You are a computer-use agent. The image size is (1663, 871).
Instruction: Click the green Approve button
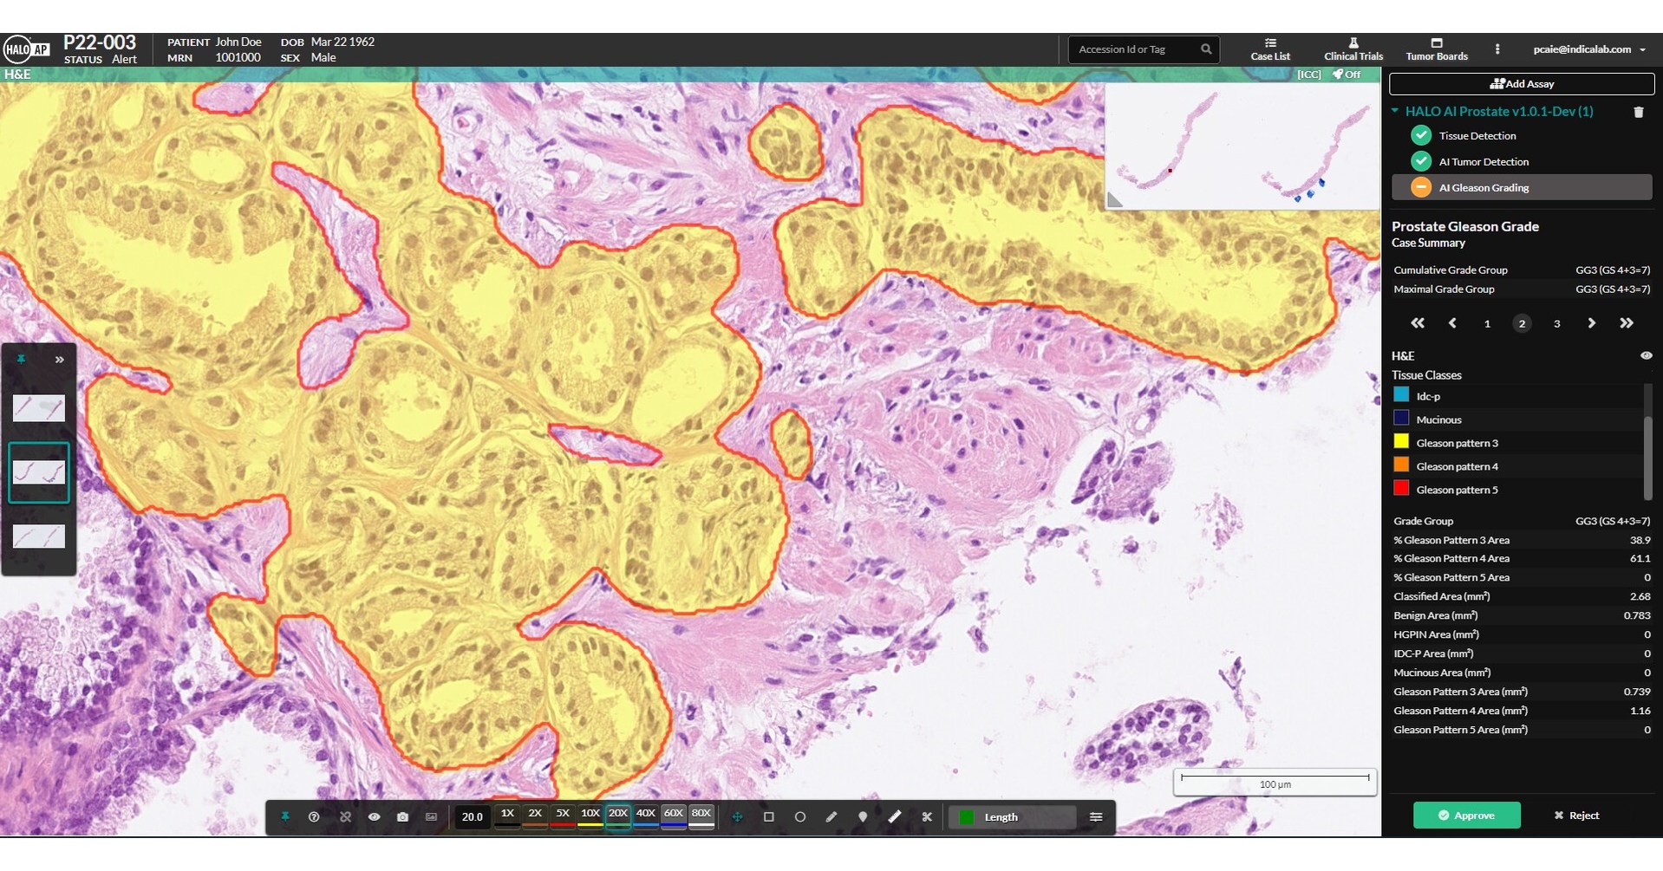(x=1466, y=815)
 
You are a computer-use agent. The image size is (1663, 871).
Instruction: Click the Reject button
(x=1576, y=815)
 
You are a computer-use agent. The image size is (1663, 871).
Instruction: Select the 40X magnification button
(x=645, y=814)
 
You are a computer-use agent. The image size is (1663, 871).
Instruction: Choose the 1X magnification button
(x=507, y=814)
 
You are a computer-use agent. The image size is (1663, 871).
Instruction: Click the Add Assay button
(x=1522, y=84)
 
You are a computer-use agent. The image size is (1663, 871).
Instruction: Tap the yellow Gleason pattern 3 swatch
(x=1401, y=441)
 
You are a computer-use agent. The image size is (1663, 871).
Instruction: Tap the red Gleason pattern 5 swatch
(x=1401, y=488)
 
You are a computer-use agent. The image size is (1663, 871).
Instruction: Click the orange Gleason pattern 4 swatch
(x=1401, y=465)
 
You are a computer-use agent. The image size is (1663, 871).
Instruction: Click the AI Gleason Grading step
(x=1484, y=187)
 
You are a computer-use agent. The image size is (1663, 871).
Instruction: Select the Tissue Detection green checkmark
(x=1420, y=135)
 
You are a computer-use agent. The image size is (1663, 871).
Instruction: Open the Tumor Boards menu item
(x=1437, y=49)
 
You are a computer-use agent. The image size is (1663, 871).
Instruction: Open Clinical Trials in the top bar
(x=1353, y=49)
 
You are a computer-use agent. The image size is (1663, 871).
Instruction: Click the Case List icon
(x=1270, y=43)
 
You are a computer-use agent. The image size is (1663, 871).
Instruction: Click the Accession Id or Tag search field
(x=1134, y=49)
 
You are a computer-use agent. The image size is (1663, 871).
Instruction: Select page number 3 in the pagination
(x=1556, y=323)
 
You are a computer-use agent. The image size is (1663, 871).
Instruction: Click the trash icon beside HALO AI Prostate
(x=1638, y=112)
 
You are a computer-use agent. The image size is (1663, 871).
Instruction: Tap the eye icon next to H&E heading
(x=1646, y=355)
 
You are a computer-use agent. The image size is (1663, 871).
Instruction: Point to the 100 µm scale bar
(x=1275, y=782)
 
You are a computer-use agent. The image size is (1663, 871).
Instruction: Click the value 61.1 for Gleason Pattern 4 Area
(x=1640, y=558)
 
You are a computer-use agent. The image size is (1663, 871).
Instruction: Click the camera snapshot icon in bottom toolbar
(x=402, y=816)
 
